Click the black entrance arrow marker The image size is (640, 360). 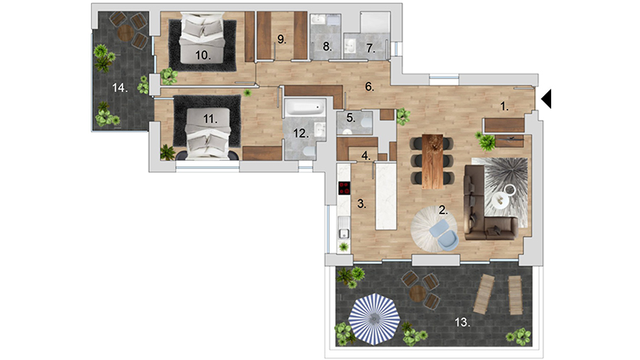(x=546, y=98)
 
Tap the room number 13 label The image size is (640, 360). (x=462, y=322)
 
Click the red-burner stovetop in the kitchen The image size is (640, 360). (x=344, y=188)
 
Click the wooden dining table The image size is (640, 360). (x=432, y=162)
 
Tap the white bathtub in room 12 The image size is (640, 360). (x=305, y=108)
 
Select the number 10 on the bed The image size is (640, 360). (x=203, y=55)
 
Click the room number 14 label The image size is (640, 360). (x=120, y=88)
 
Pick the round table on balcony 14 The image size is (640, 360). (x=126, y=32)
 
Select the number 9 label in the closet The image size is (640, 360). (x=282, y=39)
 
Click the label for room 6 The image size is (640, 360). (x=370, y=86)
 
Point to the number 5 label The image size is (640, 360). (x=351, y=118)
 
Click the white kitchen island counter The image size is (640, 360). (x=386, y=195)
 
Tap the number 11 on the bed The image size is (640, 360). (x=210, y=119)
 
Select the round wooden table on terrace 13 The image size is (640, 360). (x=418, y=292)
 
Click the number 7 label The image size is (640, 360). (x=370, y=49)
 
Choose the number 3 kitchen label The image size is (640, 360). (x=362, y=204)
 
